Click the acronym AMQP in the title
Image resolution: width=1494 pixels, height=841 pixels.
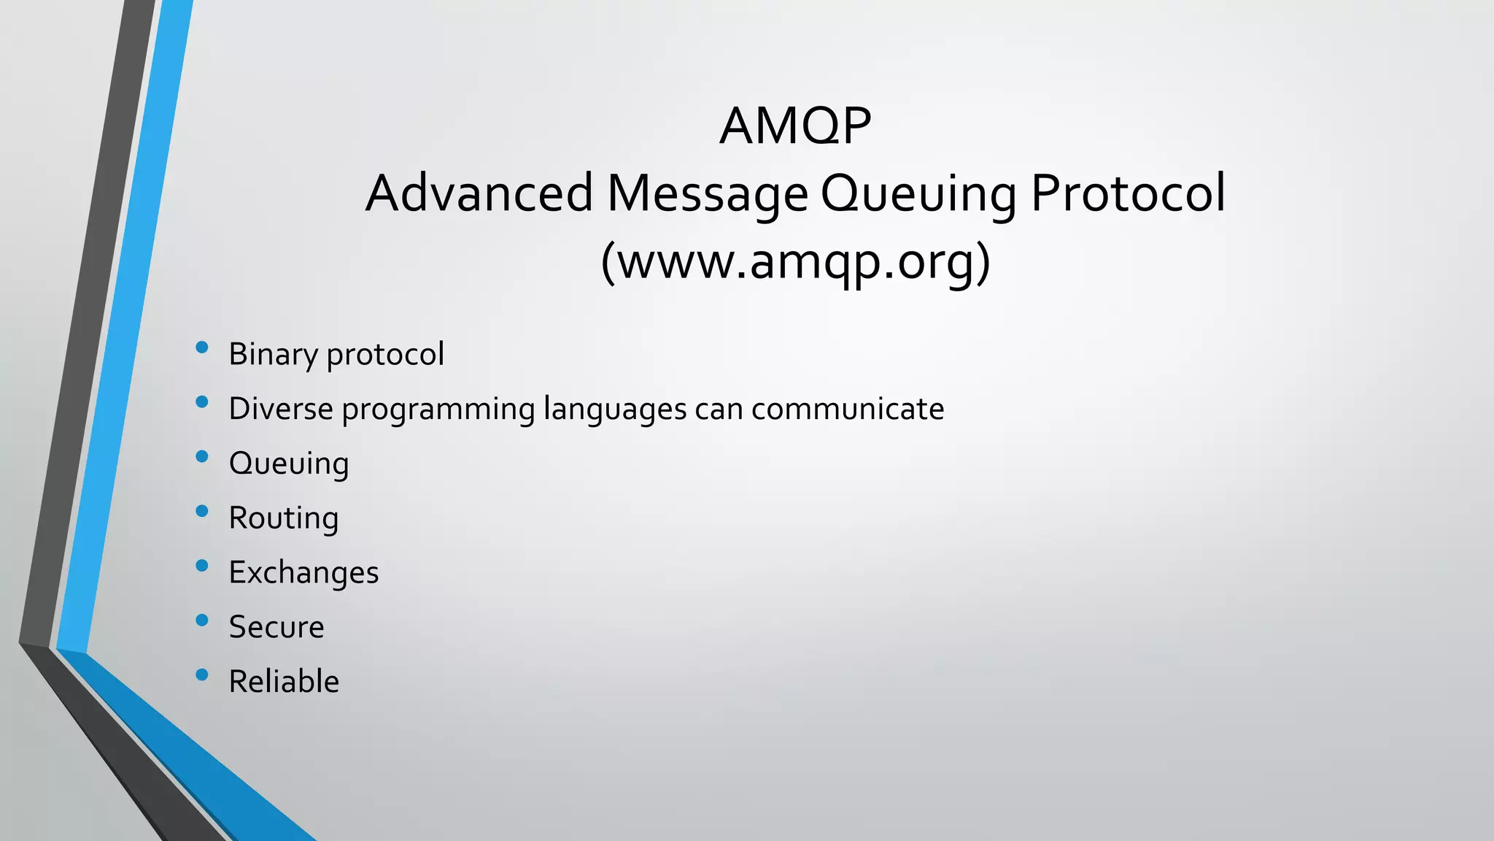point(795,126)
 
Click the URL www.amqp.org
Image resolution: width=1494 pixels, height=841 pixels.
point(795,261)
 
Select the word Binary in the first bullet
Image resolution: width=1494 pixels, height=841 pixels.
point(273,355)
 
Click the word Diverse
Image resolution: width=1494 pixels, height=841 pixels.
point(281,409)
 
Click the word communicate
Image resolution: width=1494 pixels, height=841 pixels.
point(848,409)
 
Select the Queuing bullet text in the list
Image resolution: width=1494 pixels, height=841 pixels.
point(289,464)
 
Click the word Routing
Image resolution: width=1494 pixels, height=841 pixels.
point(284,518)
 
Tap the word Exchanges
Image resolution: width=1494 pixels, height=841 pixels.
point(303,573)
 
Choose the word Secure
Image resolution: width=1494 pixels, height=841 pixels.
point(276,627)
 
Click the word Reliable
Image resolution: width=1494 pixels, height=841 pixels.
point(284,682)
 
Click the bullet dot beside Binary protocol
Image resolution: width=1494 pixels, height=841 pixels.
point(202,348)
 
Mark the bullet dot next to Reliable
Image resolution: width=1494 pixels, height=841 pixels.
point(202,675)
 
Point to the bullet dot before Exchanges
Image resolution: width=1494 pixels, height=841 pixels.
point(202,566)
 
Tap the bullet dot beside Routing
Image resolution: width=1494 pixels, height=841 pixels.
point(202,512)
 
